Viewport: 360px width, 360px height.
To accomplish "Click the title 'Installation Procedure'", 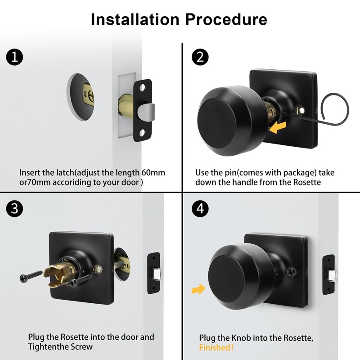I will tap(179, 19).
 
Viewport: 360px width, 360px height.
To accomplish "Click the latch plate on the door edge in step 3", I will tap(154, 273).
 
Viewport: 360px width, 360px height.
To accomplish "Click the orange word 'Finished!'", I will tap(216, 348).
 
